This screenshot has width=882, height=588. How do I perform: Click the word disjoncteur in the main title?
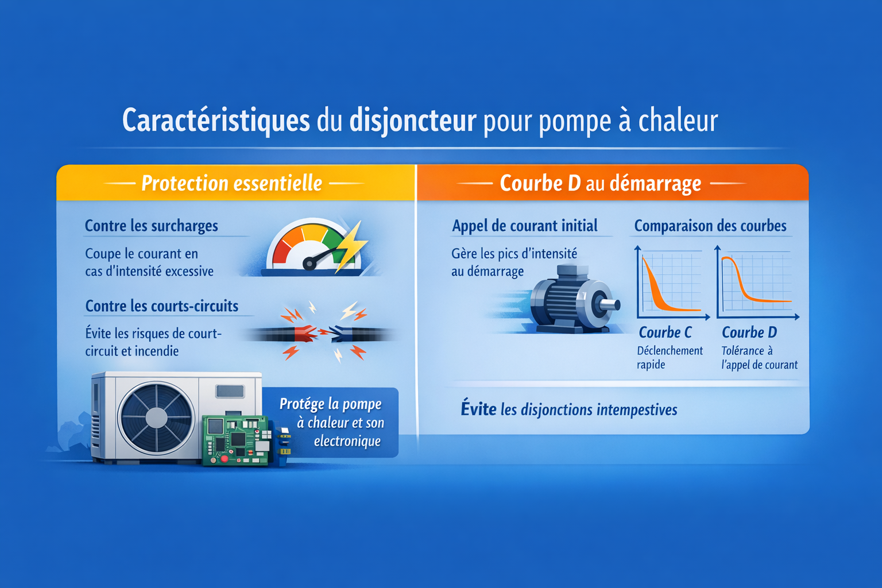[x=413, y=121]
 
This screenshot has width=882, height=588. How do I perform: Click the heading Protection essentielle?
[x=232, y=183]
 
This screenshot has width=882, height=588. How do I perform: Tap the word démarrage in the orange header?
[x=655, y=184]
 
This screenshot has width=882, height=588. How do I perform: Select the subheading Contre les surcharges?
[x=152, y=226]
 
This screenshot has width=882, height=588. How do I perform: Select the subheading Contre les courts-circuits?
[x=162, y=306]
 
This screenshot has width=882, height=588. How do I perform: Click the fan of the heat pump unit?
[x=156, y=417]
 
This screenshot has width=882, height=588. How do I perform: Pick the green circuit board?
[x=235, y=440]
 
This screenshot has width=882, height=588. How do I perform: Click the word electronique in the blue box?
[x=347, y=440]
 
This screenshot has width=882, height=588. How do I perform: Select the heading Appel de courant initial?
[x=524, y=226]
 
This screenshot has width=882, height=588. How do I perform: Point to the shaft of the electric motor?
[x=609, y=304]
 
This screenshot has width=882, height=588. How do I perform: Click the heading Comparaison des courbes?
[x=710, y=226]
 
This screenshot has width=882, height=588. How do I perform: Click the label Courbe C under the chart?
[x=665, y=332]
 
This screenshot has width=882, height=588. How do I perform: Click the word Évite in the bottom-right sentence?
[x=478, y=409]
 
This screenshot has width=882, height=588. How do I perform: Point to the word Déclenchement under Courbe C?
[x=670, y=350]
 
